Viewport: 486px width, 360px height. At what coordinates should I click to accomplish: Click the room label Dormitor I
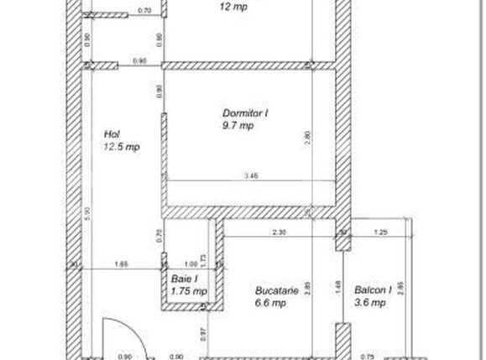pos(245,112)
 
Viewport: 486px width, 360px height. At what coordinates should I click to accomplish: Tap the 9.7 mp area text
pos(238,125)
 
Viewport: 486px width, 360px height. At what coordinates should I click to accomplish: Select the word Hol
pos(112,133)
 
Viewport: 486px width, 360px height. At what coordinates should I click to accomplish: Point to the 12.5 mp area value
pos(121,146)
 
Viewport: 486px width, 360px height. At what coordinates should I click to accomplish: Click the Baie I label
pos(184,279)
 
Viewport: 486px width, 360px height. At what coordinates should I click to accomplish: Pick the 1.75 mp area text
pos(188,290)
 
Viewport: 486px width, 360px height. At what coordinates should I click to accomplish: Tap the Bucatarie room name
pos(277,291)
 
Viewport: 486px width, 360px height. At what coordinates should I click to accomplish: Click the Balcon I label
pos(373,291)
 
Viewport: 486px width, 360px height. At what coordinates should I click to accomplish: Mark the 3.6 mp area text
pos(368,303)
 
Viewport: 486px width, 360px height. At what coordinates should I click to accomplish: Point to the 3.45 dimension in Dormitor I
pos(250,175)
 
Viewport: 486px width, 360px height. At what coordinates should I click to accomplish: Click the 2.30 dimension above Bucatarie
pos(279,232)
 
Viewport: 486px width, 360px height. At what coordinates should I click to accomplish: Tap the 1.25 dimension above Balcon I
pos(380,232)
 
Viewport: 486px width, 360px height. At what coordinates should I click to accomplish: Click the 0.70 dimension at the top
pos(144,10)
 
